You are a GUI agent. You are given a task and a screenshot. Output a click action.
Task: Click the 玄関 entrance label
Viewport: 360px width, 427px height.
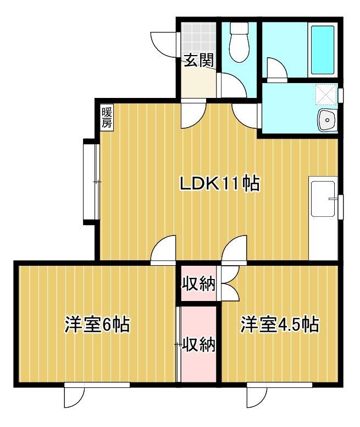198,61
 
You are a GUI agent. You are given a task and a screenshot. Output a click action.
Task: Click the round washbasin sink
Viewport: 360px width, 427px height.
328,119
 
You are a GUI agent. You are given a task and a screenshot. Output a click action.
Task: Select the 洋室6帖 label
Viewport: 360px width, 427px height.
97,325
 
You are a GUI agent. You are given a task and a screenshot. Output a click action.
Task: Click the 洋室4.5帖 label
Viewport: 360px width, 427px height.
279,325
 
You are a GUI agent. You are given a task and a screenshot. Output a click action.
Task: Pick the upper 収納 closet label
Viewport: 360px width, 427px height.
198,284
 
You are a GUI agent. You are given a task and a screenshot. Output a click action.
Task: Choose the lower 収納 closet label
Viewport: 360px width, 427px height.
198,345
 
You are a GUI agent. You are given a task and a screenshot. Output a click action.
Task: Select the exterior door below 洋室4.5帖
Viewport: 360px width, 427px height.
257,395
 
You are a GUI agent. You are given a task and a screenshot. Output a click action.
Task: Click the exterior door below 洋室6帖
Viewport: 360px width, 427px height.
74,395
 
